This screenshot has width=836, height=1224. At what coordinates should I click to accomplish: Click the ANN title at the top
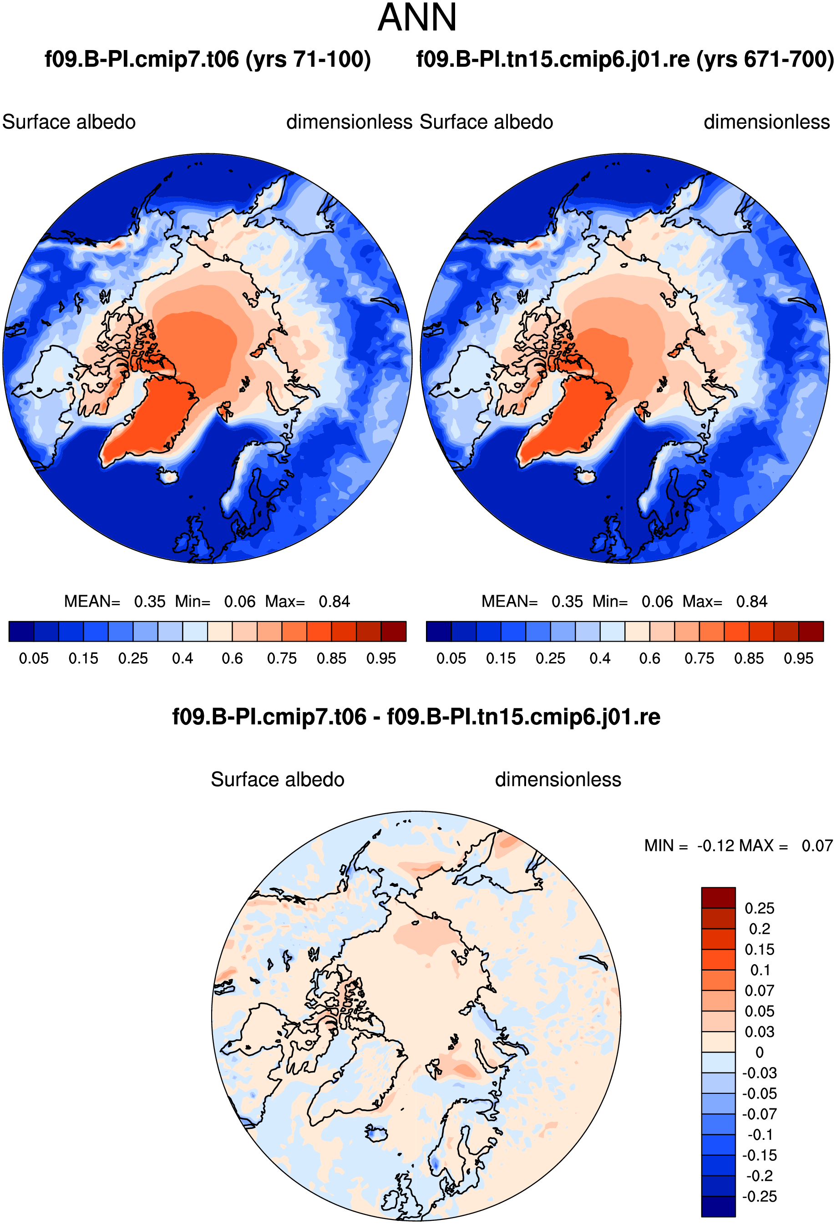click(417, 18)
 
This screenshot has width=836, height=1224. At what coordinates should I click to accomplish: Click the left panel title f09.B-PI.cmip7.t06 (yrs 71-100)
click(208, 60)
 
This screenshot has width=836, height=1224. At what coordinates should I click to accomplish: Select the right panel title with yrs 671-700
click(625, 60)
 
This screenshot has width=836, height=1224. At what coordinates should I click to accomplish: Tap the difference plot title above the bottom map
click(416, 717)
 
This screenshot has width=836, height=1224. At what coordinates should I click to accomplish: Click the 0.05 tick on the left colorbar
click(34, 658)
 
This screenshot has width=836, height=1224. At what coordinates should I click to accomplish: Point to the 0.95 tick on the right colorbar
click(799, 658)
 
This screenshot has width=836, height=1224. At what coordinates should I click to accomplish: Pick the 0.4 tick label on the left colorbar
click(183, 658)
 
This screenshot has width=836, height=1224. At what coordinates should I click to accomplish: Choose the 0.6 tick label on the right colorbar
click(649, 658)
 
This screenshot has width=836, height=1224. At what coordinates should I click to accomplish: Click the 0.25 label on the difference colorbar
click(759, 908)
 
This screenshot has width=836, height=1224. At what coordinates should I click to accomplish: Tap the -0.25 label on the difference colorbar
click(759, 1196)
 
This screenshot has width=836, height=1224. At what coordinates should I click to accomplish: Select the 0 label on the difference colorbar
click(760, 1052)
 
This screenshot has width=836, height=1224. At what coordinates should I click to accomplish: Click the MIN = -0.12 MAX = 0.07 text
click(739, 845)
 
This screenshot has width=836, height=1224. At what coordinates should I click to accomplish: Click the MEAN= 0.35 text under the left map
click(115, 602)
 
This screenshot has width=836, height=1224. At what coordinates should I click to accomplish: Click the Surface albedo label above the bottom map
click(278, 779)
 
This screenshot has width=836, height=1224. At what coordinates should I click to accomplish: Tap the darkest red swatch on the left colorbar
click(394, 632)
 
